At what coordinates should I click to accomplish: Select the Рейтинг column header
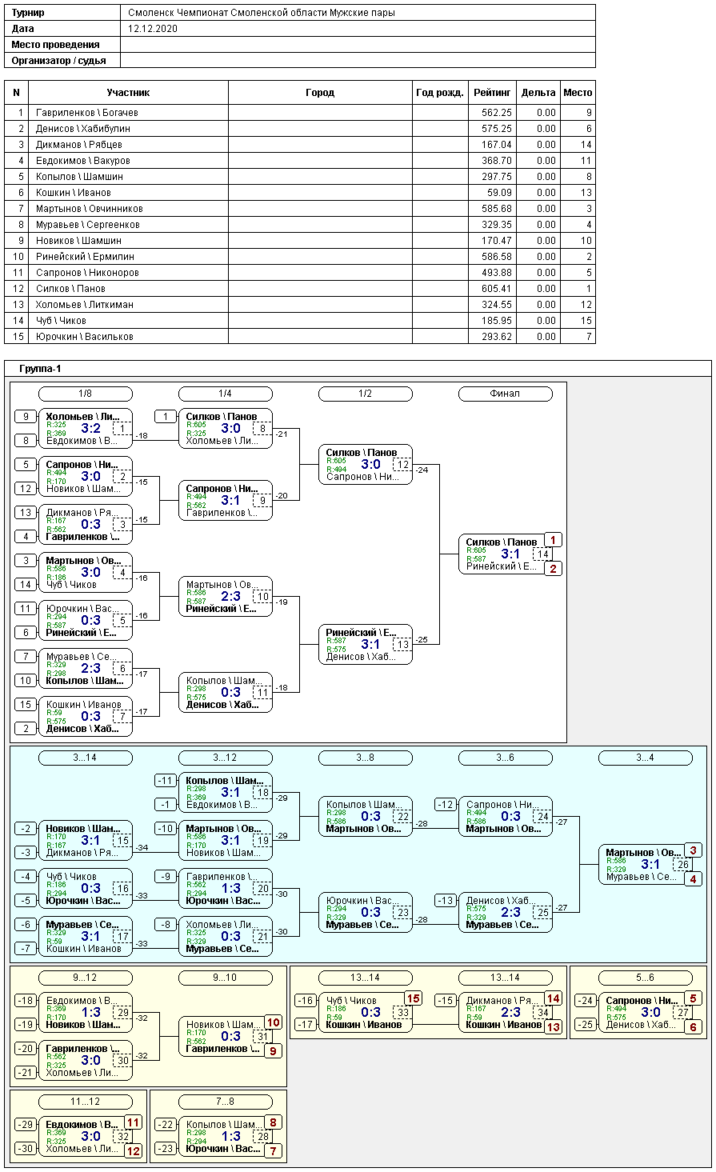point(492,93)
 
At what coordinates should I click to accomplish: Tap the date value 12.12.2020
point(153,28)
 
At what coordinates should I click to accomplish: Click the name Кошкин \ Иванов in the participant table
point(74,193)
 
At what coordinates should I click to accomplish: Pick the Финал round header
point(505,394)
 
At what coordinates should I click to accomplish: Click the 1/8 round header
point(86,394)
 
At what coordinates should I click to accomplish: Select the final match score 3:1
point(510,554)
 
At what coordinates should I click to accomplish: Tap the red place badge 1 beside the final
point(553,540)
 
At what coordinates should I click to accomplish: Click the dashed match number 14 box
point(543,554)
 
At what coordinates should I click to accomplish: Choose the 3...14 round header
point(86,758)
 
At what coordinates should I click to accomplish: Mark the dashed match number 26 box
point(683,865)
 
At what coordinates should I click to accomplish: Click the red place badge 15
point(413,998)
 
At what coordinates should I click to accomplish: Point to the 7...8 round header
point(225,1102)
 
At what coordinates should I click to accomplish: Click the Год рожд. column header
point(440,93)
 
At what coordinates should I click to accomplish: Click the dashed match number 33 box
point(403,1013)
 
